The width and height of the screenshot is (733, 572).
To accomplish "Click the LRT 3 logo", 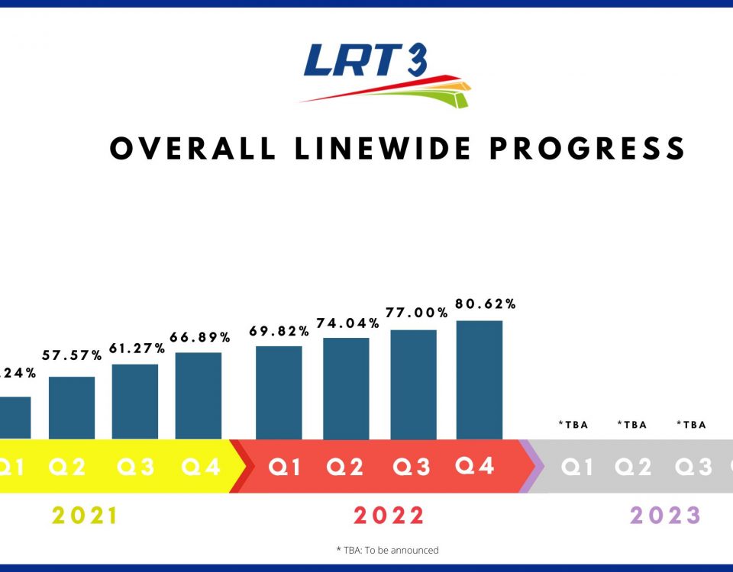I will (x=385, y=74).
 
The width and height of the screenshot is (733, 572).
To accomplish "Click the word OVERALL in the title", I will (x=193, y=149).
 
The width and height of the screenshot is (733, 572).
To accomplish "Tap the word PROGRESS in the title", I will (x=587, y=149).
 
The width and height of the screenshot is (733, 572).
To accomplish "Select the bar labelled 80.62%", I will (x=480, y=380).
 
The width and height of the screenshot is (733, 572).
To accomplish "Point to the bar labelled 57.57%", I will (x=72, y=407).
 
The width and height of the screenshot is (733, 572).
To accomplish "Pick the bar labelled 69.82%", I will (x=279, y=392).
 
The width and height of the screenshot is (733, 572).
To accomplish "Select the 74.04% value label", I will (x=348, y=323).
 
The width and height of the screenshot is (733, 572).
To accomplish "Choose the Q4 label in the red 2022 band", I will (x=475, y=465).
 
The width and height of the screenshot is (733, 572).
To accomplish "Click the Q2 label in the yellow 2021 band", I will (x=68, y=467).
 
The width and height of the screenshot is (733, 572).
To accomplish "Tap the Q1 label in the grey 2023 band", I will (x=577, y=467).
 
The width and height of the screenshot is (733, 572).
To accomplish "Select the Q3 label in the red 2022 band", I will (x=412, y=467).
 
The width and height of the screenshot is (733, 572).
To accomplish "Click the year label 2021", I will (x=86, y=516).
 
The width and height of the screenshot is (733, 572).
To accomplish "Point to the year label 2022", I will (x=389, y=516).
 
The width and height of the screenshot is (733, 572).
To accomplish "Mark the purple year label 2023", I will (x=666, y=516).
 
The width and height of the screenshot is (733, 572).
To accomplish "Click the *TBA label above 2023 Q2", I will (x=632, y=425).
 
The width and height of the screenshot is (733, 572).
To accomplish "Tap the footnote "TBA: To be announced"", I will (x=387, y=550).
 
